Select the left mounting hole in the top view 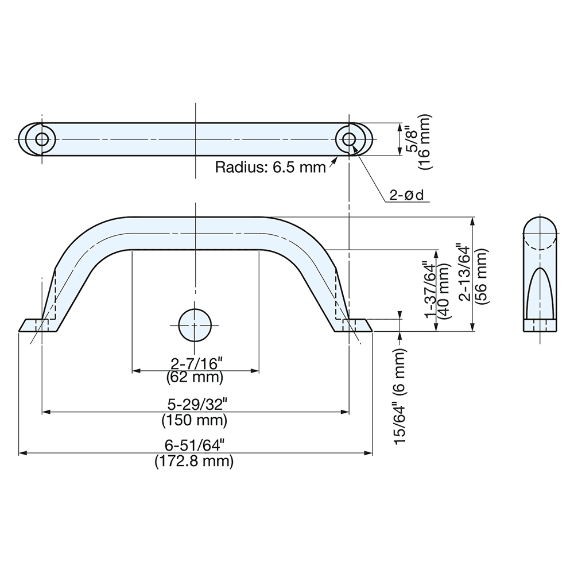[41, 139]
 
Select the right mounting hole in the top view [348, 139]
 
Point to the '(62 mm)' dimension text [195, 378]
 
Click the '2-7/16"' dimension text [195, 363]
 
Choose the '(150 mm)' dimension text [195, 420]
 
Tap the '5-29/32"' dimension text [195, 404]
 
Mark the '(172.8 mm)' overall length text [195, 461]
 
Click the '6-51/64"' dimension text [195, 445]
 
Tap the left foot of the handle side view [37, 325]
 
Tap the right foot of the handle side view [354, 325]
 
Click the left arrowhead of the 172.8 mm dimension [23, 453]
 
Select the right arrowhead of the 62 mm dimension [254, 371]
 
